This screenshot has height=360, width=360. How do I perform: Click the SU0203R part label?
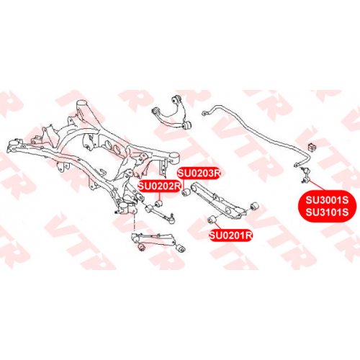[x=198, y=174]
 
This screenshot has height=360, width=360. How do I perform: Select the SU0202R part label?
[x=159, y=186]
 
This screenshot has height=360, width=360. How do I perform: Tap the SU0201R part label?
[x=230, y=235]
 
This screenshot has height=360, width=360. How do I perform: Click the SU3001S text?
[x=327, y=200]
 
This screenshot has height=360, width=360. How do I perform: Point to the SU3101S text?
[x=327, y=212]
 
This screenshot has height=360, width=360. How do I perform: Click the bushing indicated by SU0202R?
[x=158, y=204]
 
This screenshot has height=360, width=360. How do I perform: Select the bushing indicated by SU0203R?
[x=186, y=192]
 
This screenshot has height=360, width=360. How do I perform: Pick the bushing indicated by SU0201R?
[x=212, y=219]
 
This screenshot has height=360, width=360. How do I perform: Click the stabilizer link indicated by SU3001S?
[x=305, y=174]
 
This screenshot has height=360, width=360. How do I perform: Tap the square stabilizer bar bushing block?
[x=312, y=147]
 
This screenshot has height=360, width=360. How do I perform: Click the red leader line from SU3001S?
[x=317, y=185]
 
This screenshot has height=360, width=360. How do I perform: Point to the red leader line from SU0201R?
[x=219, y=226]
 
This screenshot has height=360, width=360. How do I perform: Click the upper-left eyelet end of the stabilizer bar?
[x=204, y=113]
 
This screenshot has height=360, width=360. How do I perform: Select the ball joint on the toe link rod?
[x=171, y=219]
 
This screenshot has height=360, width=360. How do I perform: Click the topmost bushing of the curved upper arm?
[x=176, y=99]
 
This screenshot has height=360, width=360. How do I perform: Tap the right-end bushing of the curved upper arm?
[x=188, y=125]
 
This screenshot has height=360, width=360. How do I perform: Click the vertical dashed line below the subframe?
[x=134, y=223]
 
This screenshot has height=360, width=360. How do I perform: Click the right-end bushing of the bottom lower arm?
[x=180, y=248]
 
